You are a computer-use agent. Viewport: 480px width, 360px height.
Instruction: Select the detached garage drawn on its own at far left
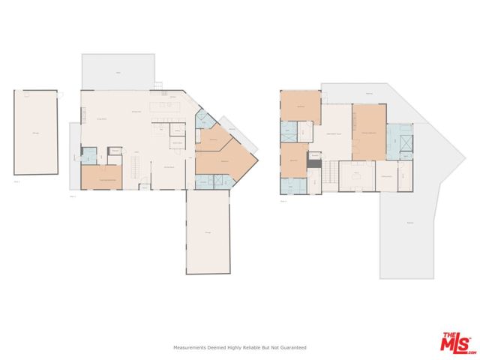(35, 133)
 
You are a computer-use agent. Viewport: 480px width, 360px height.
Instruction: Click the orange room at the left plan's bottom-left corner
(101, 176)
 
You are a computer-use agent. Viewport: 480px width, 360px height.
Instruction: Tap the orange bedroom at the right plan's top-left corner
(300, 107)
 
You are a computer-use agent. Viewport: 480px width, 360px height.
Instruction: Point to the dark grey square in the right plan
(315, 164)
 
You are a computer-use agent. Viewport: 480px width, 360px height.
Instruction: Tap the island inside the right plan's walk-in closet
(358, 177)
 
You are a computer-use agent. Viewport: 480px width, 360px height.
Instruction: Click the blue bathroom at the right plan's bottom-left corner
(293, 184)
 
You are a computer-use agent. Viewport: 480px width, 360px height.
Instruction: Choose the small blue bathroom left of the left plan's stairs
(88, 156)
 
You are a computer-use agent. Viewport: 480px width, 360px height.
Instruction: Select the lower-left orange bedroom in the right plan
(294, 158)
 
